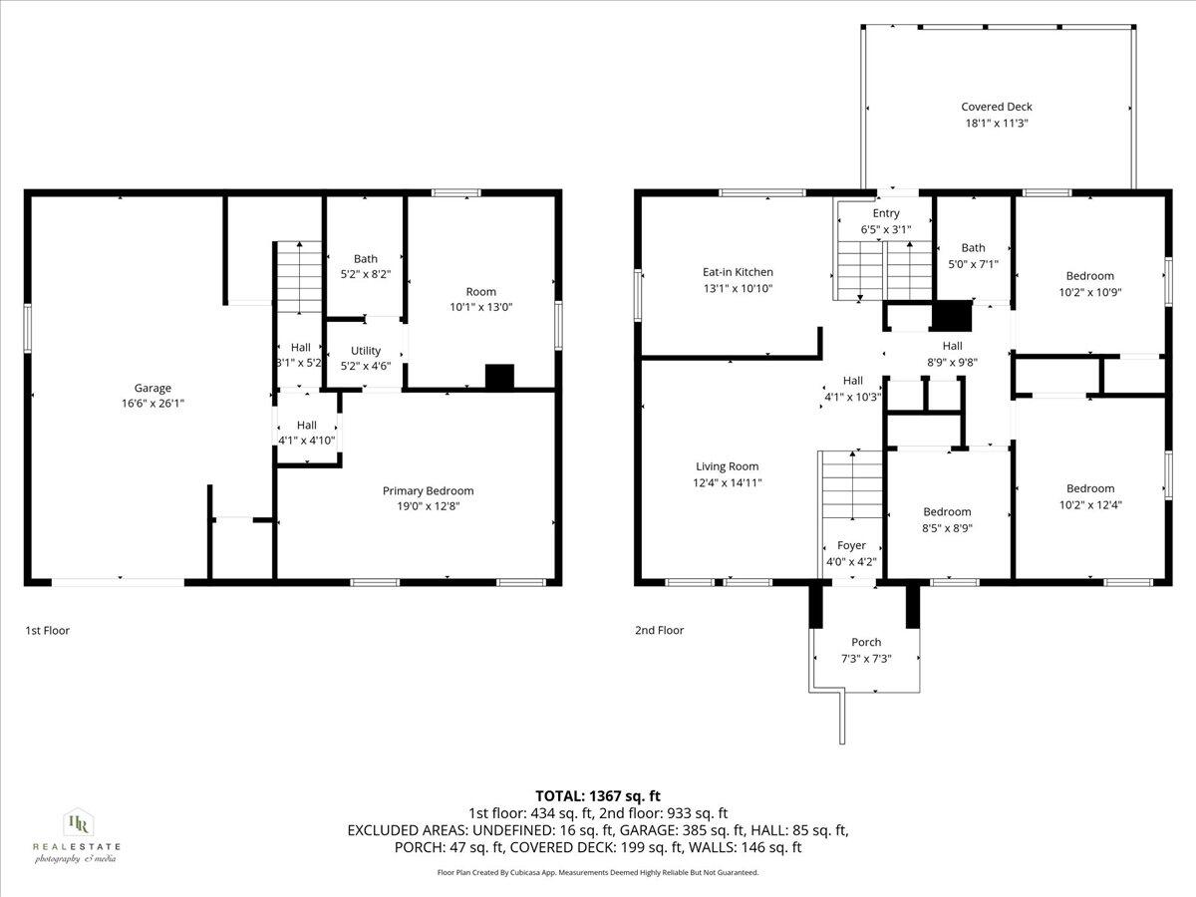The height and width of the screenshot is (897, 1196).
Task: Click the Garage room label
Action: (x=152, y=388)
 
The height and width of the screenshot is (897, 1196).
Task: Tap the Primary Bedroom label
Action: (x=428, y=490)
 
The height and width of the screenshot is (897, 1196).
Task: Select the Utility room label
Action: (x=366, y=351)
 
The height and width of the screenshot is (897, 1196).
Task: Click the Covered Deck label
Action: (x=996, y=107)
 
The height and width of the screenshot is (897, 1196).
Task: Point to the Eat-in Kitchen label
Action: (x=738, y=272)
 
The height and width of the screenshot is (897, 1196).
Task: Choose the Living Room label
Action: (x=727, y=466)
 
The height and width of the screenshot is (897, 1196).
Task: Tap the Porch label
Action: (x=865, y=643)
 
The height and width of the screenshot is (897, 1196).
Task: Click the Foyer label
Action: (x=851, y=545)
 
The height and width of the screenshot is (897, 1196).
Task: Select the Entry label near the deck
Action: (x=885, y=213)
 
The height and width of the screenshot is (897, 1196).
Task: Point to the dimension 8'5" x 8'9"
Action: (x=946, y=528)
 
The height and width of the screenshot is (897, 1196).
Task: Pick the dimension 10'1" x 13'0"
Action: (x=479, y=308)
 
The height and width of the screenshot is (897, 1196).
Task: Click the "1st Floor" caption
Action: (x=47, y=630)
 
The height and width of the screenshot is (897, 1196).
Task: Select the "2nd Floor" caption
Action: (x=659, y=630)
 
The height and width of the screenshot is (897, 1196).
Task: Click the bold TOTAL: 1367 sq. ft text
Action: (x=598, y=795)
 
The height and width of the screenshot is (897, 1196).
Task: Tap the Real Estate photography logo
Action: (x=76, y=835)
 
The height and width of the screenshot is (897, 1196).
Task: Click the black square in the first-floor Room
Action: (x=499, y=377)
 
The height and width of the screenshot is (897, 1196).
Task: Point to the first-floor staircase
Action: (x=298, y=278)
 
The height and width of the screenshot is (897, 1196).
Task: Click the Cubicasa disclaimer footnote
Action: (x=598, y=872)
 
